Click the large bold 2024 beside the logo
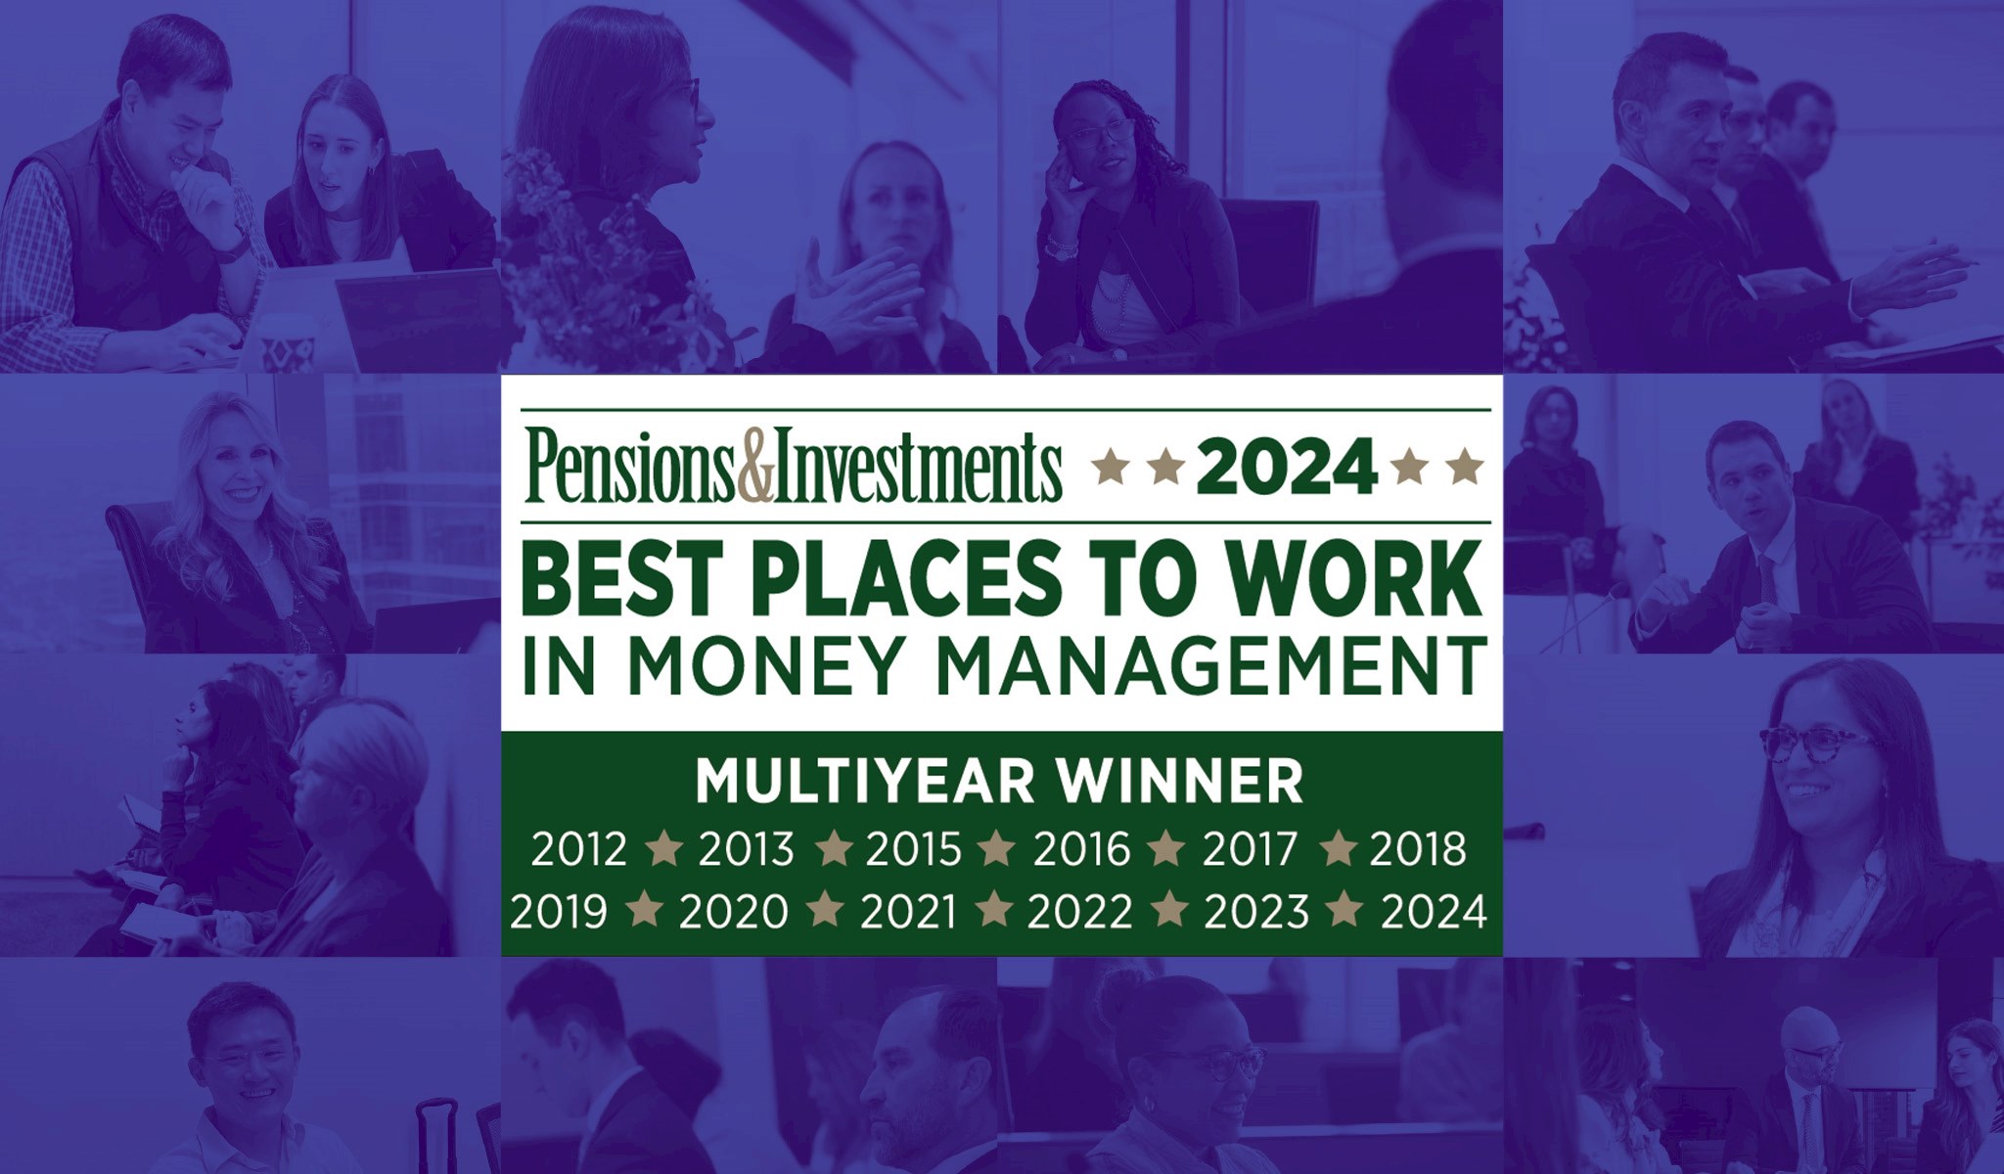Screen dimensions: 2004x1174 coord(1285,467)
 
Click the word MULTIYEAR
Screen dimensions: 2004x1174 coord(865,781)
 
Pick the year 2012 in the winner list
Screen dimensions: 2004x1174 coord(578,849)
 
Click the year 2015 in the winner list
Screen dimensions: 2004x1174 coord(914,849)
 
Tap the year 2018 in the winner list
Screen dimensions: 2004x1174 coord(1418,849)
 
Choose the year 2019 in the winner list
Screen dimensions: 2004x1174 coord(559,912)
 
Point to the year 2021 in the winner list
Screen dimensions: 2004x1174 coord(908,912)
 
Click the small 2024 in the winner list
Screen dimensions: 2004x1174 coord(1434,912)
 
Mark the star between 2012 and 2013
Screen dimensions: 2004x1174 coord(663,847)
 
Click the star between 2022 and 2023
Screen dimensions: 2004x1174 coord(1168,910)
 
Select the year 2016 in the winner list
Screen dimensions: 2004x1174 coord(1081,849)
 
